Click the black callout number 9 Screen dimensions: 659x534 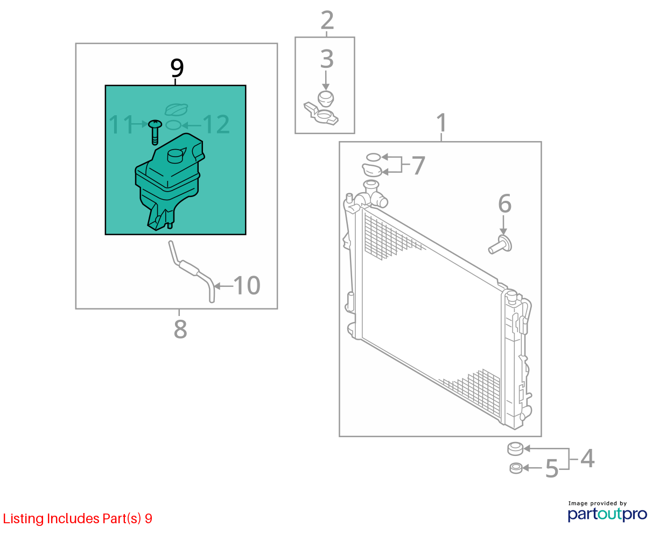[x=177, y=68]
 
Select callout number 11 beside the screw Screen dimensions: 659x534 [x=121, y=124]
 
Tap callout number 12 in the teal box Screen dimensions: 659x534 [x=216, y=124]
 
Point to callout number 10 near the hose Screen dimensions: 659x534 [x=247, y=285]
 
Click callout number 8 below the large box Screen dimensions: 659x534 [x=180, y=329]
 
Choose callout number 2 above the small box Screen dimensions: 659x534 [x=327, y=20]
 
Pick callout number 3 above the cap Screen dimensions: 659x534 [x=327, y=59]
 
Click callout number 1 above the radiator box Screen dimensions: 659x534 [x=441, y=123]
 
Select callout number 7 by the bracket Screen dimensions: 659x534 [x=418, y=165]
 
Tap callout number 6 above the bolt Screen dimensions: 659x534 [x=504, y=203]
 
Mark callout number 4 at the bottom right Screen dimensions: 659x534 [x=587, y=459]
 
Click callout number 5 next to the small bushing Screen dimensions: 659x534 [x=552, y=469]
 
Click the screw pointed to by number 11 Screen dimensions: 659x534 [x=155, y=131]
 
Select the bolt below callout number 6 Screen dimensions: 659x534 [x=500, y=245]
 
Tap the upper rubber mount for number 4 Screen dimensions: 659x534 [x=515, y=449]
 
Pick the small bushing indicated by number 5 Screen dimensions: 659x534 [x=516, y=468]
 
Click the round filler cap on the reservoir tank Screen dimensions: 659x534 [x=176, y=156]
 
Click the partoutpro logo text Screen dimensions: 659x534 [x=607, y=515]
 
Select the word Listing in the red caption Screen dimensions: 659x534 [x=24, y=519]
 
